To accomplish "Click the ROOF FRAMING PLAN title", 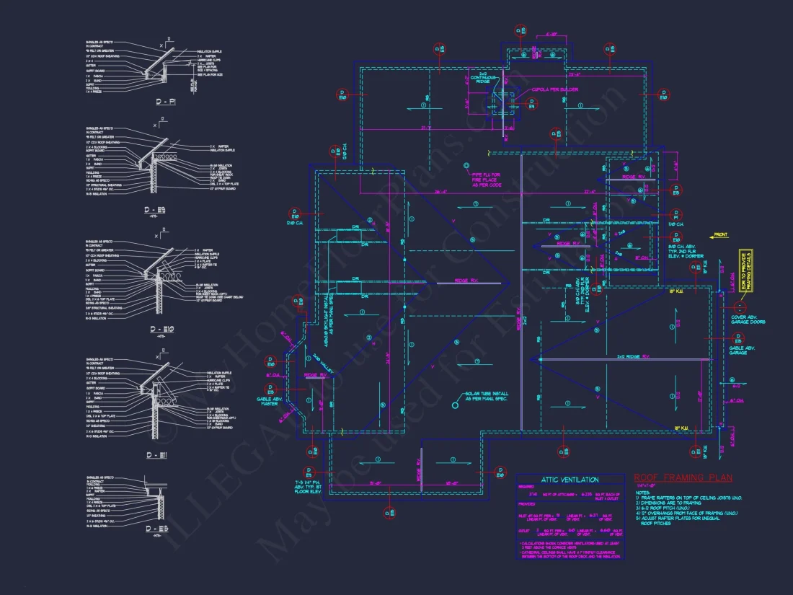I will [x=683, y=477].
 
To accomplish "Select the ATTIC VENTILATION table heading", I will [x=570, y=480].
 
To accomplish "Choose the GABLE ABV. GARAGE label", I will [x=746, y=351].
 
